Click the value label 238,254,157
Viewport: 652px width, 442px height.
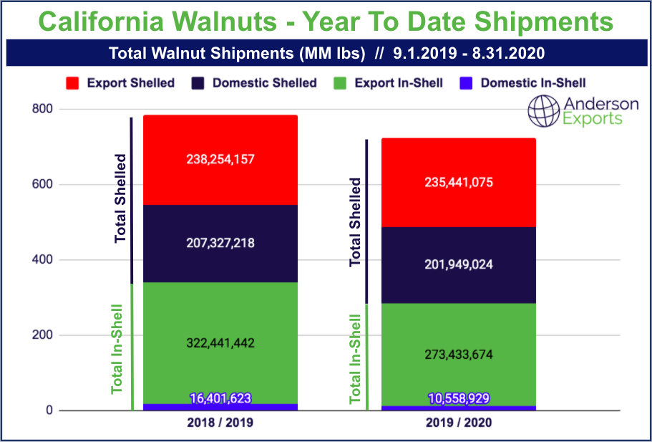(220, 160)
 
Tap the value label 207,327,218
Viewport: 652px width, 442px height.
(220, 244)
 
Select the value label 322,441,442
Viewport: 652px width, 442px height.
(220, 343)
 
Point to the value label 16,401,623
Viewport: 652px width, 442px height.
(220, 399)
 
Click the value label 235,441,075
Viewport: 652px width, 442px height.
(458, 182)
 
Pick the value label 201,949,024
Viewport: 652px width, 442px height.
(458, 265)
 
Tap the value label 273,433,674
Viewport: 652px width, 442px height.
(458, 355)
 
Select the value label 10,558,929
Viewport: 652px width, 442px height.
(458, 399)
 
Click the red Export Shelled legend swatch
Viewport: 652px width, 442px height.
(72, 83)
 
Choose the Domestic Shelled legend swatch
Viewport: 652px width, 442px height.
(198, 83)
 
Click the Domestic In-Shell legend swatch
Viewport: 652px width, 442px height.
(466, 83)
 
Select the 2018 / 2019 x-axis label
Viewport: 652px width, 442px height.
(220, 423)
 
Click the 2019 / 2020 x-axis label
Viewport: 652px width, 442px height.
(458, 423)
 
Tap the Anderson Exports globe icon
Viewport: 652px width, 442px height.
(543, 112)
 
